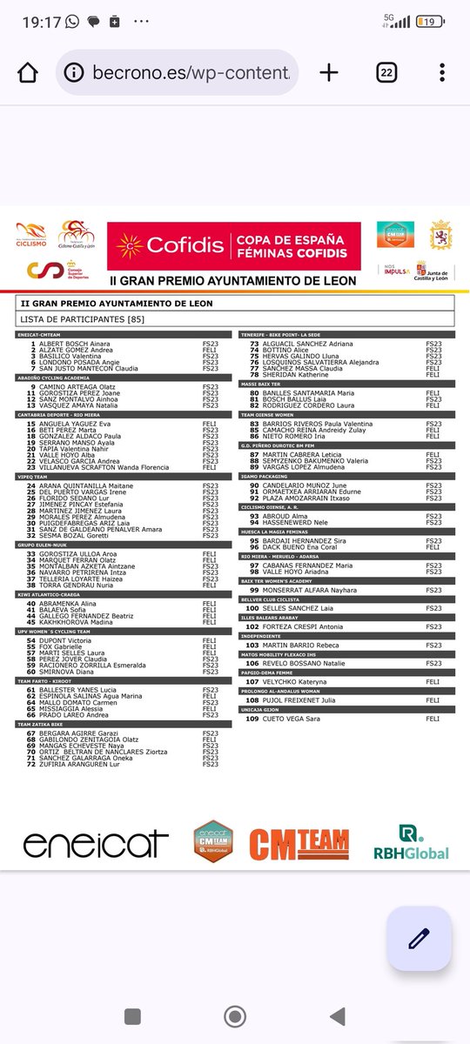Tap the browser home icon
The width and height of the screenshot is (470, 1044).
[x=28, y=72]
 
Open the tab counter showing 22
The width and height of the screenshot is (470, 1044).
[x=387, y=72]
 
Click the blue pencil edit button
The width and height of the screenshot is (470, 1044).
[x=419, y=938]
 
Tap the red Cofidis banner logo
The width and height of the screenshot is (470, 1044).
[x=233, y=246]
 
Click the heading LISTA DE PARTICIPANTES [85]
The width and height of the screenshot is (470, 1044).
[x=83, y=319]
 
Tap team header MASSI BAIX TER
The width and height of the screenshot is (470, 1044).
[x=262, y=384]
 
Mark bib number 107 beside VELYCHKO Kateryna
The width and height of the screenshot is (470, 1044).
[x=252, y=682]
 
